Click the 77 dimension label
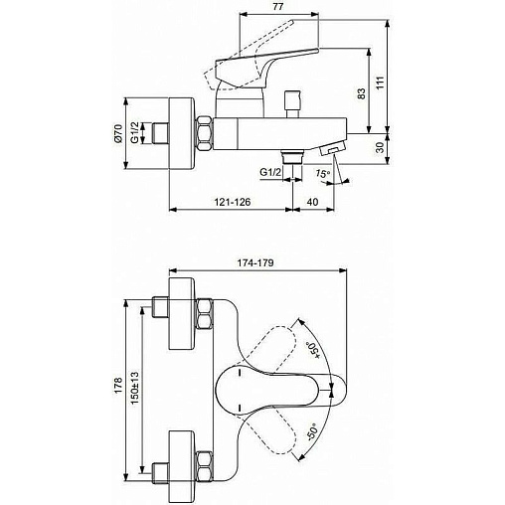coord(278,7)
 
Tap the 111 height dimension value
coord(380,83)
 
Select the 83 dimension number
coord(362,93)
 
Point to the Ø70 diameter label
coord(117,133)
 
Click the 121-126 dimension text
coord(233,202)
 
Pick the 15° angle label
coord(322,174)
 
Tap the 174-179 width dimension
coord(255,262)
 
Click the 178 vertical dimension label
coord(118,386)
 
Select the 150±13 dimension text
coord(134,388)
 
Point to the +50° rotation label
coord(313,350)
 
